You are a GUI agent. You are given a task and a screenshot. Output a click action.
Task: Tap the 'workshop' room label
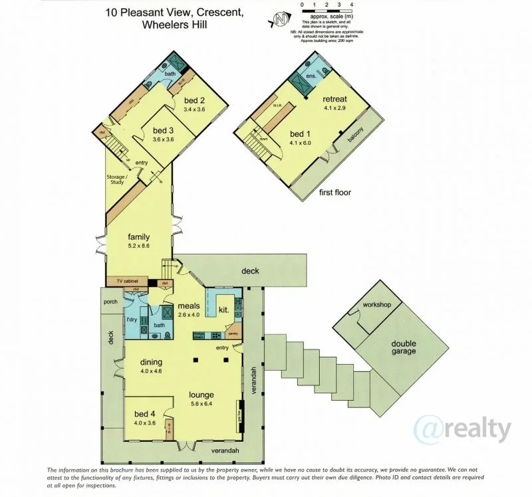(x=376, y=305)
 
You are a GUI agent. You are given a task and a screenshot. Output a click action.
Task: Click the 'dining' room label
(x=152, y=362)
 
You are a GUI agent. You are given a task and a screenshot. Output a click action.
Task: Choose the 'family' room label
(x=139, y=237)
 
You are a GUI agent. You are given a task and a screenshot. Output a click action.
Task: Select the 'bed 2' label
(x=196, y=100)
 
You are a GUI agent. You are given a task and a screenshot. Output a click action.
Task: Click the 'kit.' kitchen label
(x=224, y=310)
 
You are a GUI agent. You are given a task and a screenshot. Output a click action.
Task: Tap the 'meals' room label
(x=188, y=306)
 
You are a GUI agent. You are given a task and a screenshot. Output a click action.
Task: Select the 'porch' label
(x=110, y=301)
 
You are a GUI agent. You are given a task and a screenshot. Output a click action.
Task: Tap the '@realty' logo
(x=464, y=429)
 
